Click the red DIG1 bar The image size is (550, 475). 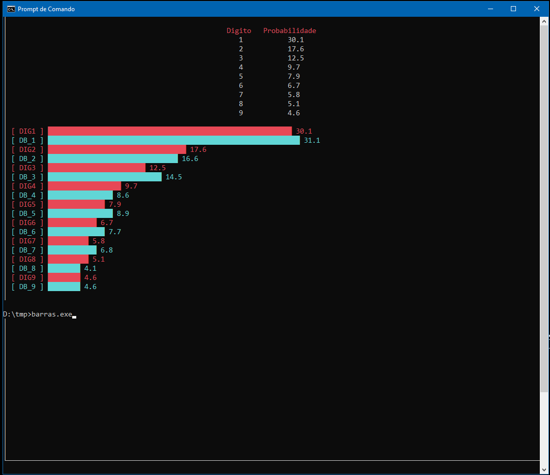tap(170, 131)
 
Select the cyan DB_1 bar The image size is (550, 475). tap(174, 140)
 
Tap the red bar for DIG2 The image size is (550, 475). tap(117, 149)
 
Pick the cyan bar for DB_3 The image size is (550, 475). tap(105, 177)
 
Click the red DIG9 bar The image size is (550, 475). tap(64, 277)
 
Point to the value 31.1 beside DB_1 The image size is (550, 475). tap(312, 140)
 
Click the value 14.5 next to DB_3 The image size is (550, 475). tap(174, 177)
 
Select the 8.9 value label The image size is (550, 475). tap(123, 213)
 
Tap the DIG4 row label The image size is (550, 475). tap(27, 186)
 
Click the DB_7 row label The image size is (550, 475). tap(27, 250)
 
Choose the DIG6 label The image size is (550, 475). tap(27, 223)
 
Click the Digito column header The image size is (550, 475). tap(239, 30)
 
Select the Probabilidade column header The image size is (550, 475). tap(290, 30)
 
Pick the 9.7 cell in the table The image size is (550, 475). tap(294, 67)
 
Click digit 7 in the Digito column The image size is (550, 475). tap(241, 94)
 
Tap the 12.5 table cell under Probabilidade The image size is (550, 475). tap(296, 58)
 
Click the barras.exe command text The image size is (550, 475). tap(52, 314)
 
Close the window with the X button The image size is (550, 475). tap(536, 9)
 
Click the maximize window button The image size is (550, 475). tap(513, 9)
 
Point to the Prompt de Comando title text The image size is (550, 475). tap(46, 9)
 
